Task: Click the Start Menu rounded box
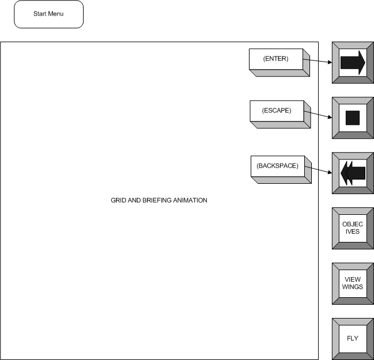[48, 14]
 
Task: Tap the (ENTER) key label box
[279, 62]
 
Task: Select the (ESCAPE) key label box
[280, 115]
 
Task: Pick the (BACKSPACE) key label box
[281, 169]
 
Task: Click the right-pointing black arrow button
[353, 62]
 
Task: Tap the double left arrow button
[353, 173]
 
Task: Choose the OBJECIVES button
[353, 229]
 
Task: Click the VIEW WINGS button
[353, 284]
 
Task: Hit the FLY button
[353, 339]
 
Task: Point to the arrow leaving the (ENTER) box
[318, 61]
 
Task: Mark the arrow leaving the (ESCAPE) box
[318, 114]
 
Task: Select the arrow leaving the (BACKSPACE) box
[319, 169]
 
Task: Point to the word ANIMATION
[190, 200]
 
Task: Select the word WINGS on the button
[353, 287]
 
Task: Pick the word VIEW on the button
[353, 279]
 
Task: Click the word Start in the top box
[40, 14]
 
